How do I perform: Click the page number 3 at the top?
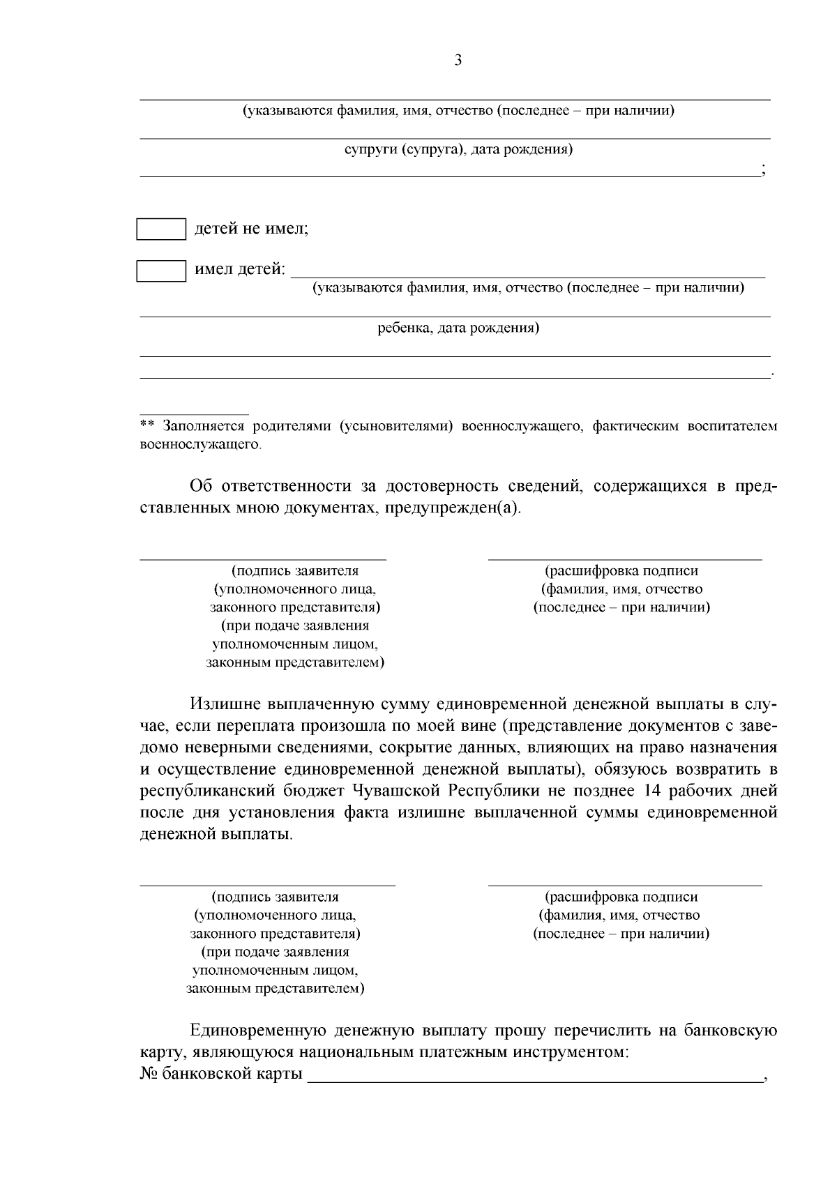(458, 61)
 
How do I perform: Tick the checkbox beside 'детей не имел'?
(161, 229)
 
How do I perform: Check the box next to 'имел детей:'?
(161, 271)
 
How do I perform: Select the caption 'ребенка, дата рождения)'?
(458, 328)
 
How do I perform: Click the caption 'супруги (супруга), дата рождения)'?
(458, 150)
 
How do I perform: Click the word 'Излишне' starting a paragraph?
(225, 705)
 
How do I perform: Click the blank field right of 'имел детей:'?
(527, 272)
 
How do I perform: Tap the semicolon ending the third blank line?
(764, 172)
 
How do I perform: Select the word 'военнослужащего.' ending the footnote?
(201, 444)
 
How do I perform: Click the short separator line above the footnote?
(194, 414)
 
